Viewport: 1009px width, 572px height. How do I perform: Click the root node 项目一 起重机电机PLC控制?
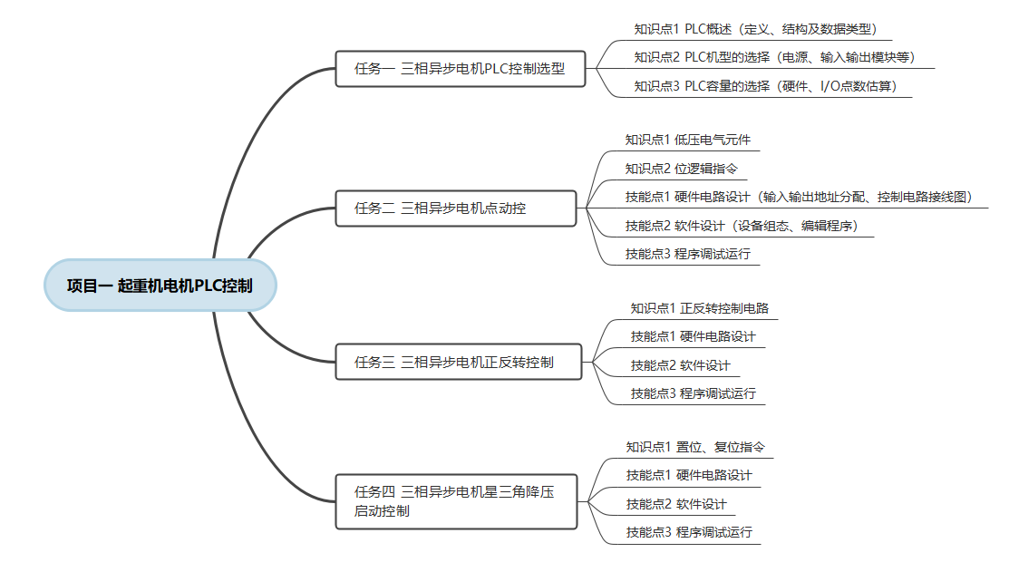pyautogui.click(x=159, y=286)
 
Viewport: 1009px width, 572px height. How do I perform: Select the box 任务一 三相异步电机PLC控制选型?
pyautogui.click(x=461, y=69)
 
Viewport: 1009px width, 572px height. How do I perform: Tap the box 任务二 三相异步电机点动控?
pyautogui.click(x=455, y=208)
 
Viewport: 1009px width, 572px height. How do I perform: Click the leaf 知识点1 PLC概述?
pyautogui.click(x=754, y=29)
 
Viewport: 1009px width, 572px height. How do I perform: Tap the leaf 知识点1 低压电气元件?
pyautogui.click(x=687, y=140)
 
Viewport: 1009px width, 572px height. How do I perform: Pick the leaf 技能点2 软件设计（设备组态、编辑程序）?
pyautogui.click(x=741, y=226)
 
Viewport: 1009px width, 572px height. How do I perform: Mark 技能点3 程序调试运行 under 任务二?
pyautogui.click(x=687, y=254)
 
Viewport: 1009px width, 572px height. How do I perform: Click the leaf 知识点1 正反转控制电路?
pyautogui.click(x=700, y=308)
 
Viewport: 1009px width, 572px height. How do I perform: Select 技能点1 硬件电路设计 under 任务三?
pyautogui.click(x=693, y=336)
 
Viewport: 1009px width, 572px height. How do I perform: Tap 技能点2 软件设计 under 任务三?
pyautogui.click(x=680, y=365)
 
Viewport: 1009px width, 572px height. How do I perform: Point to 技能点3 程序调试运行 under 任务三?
pyautogui.click(x=693, y=393)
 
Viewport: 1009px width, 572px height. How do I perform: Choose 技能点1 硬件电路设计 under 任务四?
pyautogui.click(x=688, y=475)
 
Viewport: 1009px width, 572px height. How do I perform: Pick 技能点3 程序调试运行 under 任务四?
pyautogui.click(x=688, y=532)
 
